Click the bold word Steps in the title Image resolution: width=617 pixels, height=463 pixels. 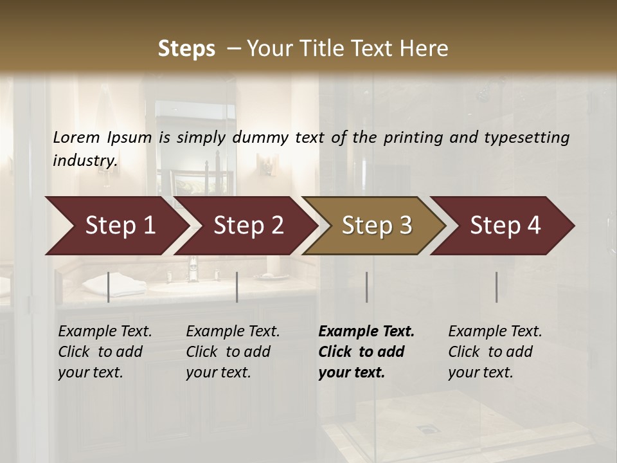pyautogui.click(x=186, y=49)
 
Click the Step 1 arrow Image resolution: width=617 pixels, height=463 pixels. pyautogui.click(x=116, y=225)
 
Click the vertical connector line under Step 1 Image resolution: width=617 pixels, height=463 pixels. pyautogui.click(x=109, y=287)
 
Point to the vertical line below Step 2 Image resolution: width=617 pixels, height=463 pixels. pyautogui.click(x=237, y=287)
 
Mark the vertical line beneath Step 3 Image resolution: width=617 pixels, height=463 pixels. pyautogui.click(x=366, y=287)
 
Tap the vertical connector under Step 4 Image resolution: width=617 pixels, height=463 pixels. pyautogui.click(x=496, y=287)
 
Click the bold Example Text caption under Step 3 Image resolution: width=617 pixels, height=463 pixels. pyautogui.click(x=366, y=352)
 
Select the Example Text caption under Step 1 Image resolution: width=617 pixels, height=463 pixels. pyautogui.click(x=105, y=352)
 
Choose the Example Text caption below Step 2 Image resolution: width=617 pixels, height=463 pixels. pyautogui.click(x=233, y=352)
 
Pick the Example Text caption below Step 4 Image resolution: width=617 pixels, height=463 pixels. pyautogui.click(x=495, y=352)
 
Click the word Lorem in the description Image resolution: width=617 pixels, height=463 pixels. pyautogui.click(x=76, y=138)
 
